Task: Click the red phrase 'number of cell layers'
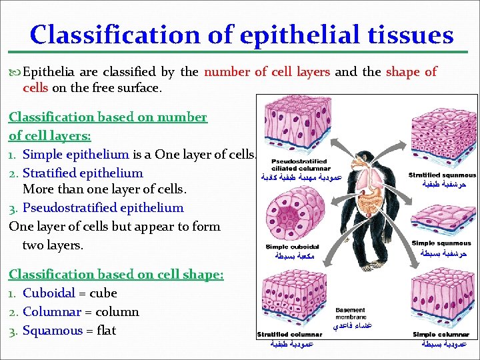[268, 71]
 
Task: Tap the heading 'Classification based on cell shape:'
[116, 274]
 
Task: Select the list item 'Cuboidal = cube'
[69, 293]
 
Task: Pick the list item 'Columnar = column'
[81, 311]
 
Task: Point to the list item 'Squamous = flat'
[69, 330]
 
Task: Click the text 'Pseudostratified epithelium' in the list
[103, 207]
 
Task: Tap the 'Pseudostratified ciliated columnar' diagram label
[299, 165]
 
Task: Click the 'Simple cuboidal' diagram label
[292, 247]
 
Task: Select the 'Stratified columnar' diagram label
[289, 334]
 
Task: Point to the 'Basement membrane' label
[350, 313]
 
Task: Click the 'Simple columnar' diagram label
[441, 334]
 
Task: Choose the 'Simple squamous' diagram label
[441, 243]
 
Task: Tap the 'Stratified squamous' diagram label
[442, 175]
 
